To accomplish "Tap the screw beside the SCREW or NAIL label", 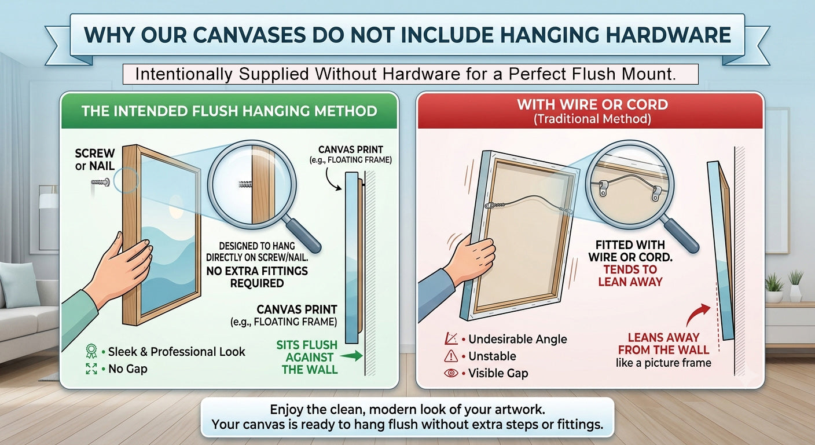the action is tap(101, 182).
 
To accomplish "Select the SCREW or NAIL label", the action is tap(94, 159).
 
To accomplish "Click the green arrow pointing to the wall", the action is tap(352, 356).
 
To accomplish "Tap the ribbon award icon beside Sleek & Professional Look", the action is tap(91, 351).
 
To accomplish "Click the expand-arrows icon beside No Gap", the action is tap(91, 369).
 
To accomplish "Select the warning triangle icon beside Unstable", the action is tap(451, 356).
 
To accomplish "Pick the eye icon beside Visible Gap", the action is tap(451, 373).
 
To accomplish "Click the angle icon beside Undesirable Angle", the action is tap(451, 338).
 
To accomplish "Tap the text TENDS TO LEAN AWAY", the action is tap(630, 276).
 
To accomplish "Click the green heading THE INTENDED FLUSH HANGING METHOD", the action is tap(229, 111).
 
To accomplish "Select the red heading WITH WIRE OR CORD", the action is tap(592, 104).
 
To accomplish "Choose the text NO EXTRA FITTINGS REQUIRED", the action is tap(257, 277).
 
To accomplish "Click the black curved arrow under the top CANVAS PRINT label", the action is tap(332, 179).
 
